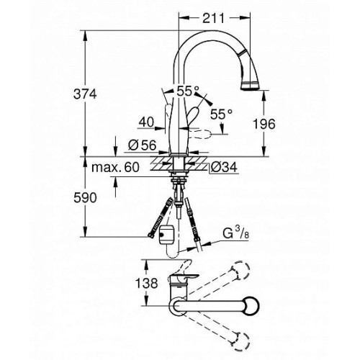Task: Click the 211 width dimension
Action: coord(213,18)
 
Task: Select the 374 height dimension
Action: coord(85,94)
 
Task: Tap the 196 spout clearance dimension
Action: coord(264,124)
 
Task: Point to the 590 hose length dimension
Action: coord(85,198)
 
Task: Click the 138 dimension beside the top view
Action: coord(147,283)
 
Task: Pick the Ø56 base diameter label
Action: coord(142,145)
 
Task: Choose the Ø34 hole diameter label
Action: coord(224,167)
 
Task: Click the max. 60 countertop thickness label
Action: coord(115,167)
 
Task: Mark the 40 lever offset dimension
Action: coord(146,122)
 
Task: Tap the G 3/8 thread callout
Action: coord(235,233)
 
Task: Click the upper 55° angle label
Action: coord(188,91)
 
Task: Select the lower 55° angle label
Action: coord(221,114)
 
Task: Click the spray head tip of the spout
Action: coord(250,86)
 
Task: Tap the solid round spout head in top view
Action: coord(251,306)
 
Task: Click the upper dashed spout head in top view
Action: coord(241,271)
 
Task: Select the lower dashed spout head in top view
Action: coord(241,341)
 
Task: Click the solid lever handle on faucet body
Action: coord(193,117)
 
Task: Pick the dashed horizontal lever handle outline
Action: coord(199,134)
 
